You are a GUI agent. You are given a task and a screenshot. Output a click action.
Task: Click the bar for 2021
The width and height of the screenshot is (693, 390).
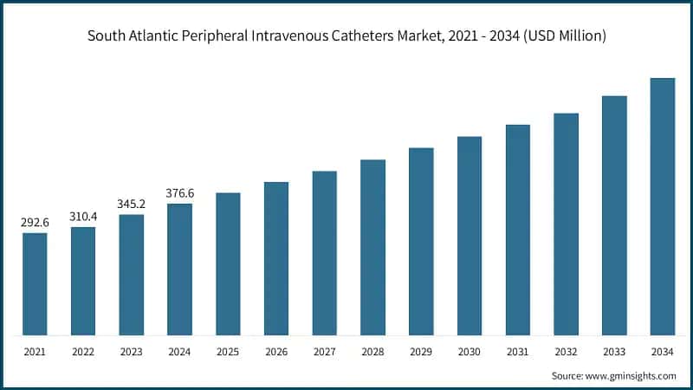click(x=35, y=283)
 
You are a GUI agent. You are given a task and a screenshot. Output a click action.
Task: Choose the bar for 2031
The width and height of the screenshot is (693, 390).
click(x=518, y=230)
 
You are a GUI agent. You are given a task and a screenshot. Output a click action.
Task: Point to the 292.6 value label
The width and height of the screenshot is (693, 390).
click(x=35, y=223)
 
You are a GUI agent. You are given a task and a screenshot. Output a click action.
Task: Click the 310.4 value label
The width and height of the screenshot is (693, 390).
click(x=83, y=217)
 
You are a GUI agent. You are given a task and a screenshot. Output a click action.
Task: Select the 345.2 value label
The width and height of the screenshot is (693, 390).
click(x=132, y=205)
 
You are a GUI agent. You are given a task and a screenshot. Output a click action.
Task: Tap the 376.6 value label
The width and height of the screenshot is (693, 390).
click(x=179, y=193)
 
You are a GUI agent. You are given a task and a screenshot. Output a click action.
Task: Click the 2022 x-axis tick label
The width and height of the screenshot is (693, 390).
click(x=83, y=353)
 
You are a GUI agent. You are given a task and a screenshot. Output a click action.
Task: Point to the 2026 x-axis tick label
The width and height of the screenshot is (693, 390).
click(x=276, y=353)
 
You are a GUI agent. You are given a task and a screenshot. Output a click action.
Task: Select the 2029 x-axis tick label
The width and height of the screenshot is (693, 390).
click(x=421, y=353)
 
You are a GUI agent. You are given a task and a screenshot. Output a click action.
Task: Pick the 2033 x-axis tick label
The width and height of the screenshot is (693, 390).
click(x=614, y=353)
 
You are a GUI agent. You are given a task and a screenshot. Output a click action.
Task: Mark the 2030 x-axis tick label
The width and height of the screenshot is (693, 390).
click(x=470, y=353)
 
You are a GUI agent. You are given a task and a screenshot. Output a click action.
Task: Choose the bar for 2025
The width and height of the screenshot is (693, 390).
click(x=228, y=263)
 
